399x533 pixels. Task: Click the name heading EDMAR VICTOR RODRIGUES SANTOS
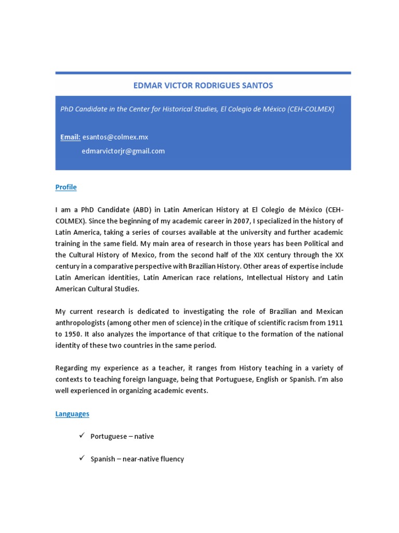tap(203, 85)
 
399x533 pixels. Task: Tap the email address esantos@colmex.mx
tap(115, 137)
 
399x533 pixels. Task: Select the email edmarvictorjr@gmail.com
tap(123, 151)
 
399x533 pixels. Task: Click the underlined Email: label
tap(70, 137)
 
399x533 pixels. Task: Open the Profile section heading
tap(66, 187)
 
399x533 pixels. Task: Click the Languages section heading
tap(72, 414)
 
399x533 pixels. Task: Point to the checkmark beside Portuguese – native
tap(82, 436)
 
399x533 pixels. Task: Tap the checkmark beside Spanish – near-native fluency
tap(82, 459)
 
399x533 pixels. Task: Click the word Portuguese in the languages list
tap(108, 436)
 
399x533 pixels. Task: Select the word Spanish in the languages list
tap(103, 459)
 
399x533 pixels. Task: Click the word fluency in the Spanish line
tap(171, 459)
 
